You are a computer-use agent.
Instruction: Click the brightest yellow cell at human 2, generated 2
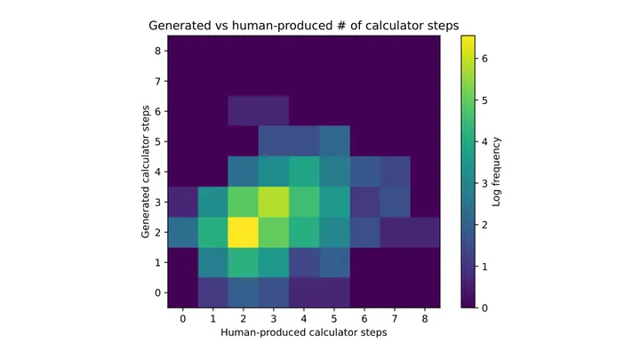tap(244, 232)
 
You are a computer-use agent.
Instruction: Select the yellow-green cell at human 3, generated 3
tap(274, 202)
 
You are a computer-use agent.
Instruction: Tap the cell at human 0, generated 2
tap(183, 232)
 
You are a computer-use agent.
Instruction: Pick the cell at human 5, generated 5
tap(334, 141)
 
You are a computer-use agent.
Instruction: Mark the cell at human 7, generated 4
tap(395, 172)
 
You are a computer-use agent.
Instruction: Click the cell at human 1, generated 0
tap(213, 292)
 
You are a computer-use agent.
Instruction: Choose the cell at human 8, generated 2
tap(425, 232)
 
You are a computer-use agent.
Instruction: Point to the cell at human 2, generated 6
tap(244, 111)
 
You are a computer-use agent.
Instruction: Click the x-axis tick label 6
tap(364, 319)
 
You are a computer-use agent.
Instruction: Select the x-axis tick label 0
tap(183, 319)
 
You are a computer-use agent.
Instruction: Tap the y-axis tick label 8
tap(158, 51)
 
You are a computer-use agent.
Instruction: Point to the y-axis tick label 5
tap(158, 141)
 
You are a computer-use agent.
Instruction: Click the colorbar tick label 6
tap(484, 59)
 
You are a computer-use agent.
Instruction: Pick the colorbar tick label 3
tap(484, 183)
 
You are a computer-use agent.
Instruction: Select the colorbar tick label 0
tap(484, 308)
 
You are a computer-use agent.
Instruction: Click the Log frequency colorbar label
tap(496, 172)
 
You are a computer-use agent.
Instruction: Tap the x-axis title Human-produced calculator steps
tap(304, 332)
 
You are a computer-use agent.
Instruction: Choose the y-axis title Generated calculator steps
tap(145, 172)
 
